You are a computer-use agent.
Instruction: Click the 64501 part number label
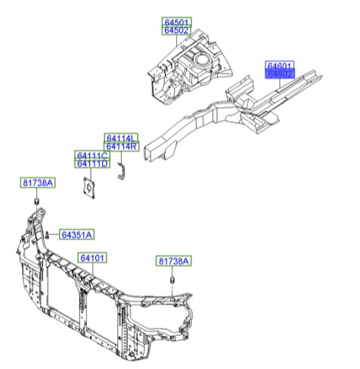[178, 23]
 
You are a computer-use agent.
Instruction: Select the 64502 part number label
[178, 31]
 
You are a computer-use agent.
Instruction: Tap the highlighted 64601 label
[279, 66]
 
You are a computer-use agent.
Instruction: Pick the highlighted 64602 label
[279, 74]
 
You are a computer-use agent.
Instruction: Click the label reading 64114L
[122, 138]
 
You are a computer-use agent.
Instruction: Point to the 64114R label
[122, 147]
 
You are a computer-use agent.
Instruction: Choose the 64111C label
[92, 155]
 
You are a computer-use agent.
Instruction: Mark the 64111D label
[92, 163]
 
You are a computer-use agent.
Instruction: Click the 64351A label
[76, 235]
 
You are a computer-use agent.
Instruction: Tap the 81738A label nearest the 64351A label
[37, 183]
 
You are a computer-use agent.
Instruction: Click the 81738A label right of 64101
[175, 261]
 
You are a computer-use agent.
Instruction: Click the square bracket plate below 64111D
[89, 188]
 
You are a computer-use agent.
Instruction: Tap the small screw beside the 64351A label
[48, 234]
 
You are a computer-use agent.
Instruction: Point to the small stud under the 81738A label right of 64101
[171, 284]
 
